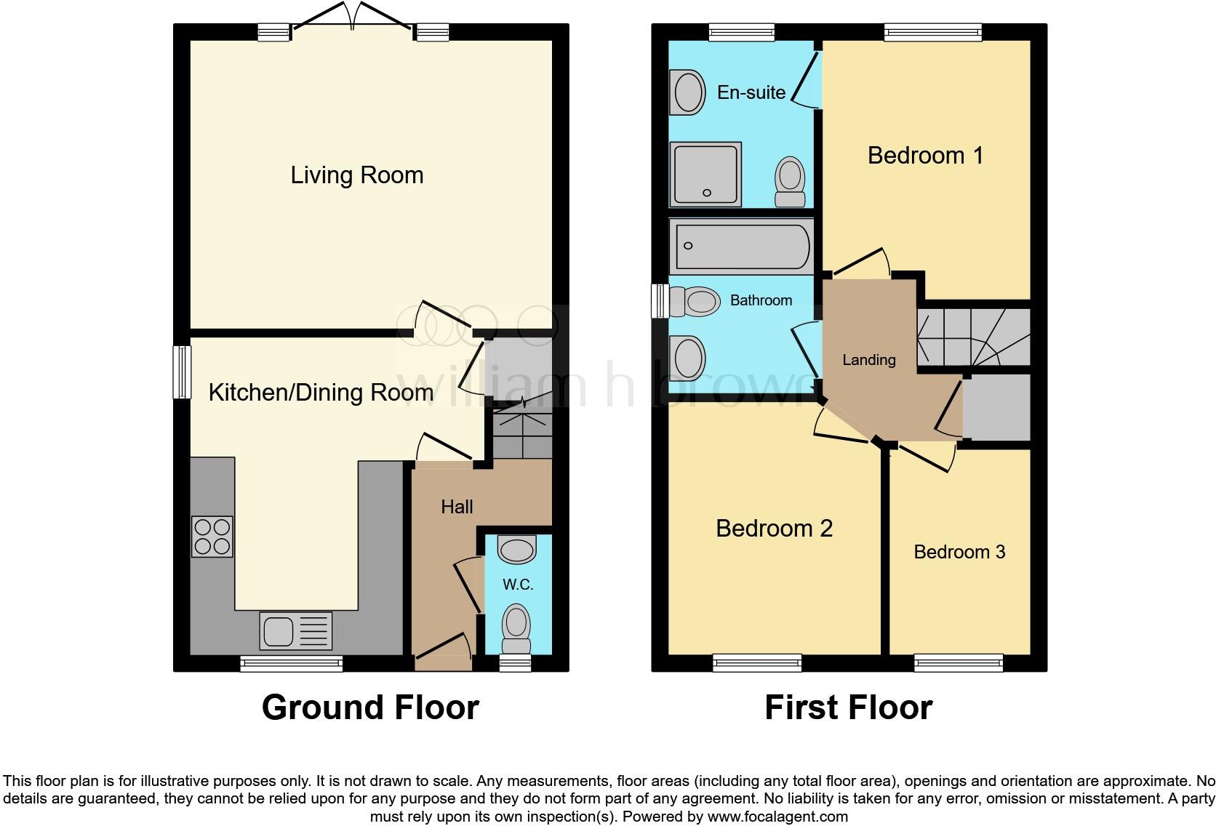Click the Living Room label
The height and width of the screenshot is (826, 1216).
pyautogui.click(x=356, y=175)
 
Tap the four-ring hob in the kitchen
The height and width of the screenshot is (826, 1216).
pyautogui.click(x=212, y=537)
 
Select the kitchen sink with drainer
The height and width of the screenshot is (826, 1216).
pyautogui.click(x=295, y=630)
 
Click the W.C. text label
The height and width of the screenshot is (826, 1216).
pyautogui.click(x=518, y=585)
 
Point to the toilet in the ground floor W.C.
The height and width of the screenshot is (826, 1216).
pyautogui.click(x=516, y=629)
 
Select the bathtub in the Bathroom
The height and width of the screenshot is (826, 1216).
pyautogui.click(x=741, y=246)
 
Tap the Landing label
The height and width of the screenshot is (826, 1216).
pyautogui.click(x=868, y=360)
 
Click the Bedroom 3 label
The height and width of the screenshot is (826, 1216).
pyautogui.click(x=959, y=552)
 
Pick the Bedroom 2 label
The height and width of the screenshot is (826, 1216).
pyautogui.click(x=774, y=528)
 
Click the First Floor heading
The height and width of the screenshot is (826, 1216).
pyautogui.click(x=848, y=707)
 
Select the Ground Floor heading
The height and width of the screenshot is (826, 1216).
pyautogui.click(x=370, y=707)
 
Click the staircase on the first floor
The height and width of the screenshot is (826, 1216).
pyautogui.click(x=973, y=337)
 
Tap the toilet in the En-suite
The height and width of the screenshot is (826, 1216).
pyautogui.click(x=790, y=181)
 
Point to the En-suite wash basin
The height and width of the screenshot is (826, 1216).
pyautogui.click(x=688, y=92)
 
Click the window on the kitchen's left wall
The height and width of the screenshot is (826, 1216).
pyautogui.click(x=181, y=372)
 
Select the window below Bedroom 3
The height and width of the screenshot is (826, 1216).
pyautogui.click(x=959, y=662)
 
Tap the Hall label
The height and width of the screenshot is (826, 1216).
pyautogui.click(x=457, y=507)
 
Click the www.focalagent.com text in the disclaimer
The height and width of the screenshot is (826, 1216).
pyautogui.click(x=777, y=817)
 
